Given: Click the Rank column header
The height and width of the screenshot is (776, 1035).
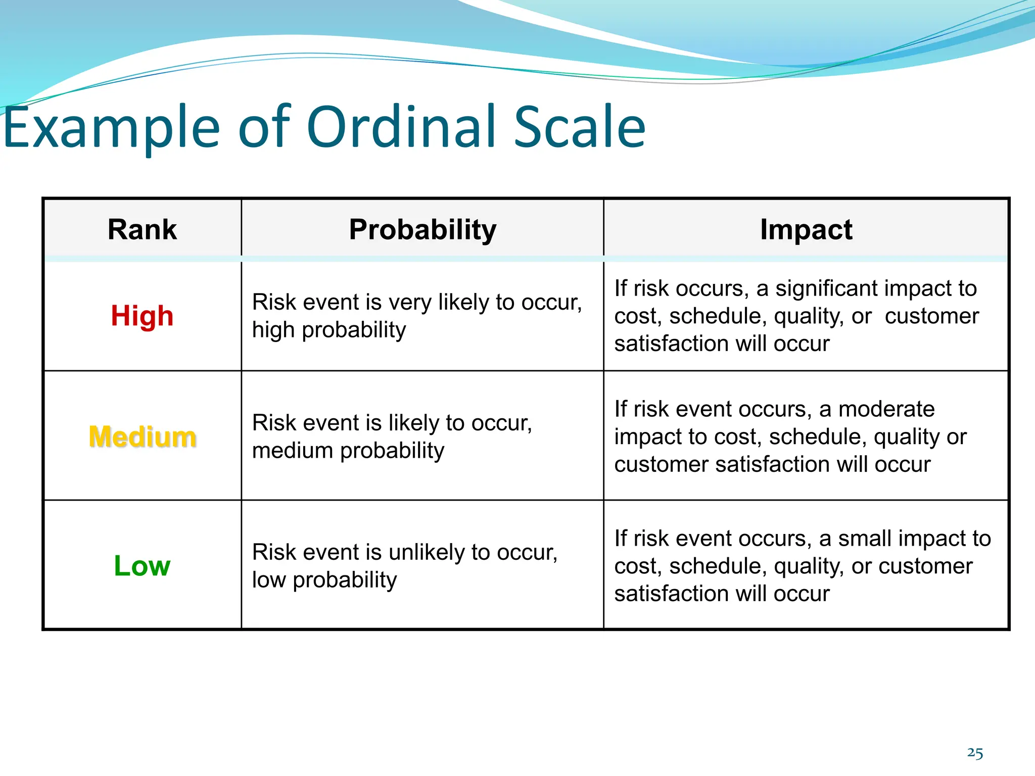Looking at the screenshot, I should coord(142,230).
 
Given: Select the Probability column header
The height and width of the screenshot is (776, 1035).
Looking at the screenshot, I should coord(422,230).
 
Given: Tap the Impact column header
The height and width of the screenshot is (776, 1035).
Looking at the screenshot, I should coord(806,230).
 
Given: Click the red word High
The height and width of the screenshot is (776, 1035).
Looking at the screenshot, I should coord(142,316).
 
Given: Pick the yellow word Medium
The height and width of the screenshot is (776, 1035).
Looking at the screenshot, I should coord(143,437).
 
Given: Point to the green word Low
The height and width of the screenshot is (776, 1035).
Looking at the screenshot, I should coord(142,566).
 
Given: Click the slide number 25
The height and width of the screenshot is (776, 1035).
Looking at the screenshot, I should coord(975,753).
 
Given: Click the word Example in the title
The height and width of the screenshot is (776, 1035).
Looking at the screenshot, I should coord(111,127).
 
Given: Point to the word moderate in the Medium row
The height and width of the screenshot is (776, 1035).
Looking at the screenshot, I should coord(886,409).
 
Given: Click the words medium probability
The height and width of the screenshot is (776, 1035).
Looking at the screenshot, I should coord(348,451).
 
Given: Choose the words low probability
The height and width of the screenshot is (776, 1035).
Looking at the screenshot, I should coord(324,580).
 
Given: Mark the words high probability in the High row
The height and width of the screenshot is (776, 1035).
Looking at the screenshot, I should coord(329,330).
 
